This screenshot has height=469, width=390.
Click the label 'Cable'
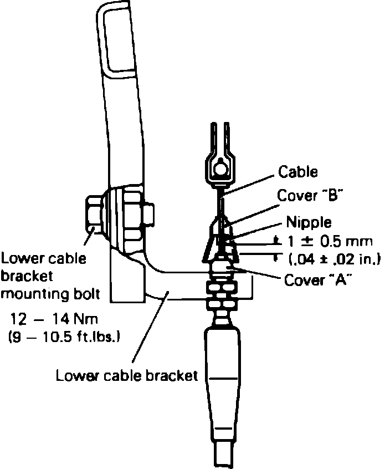pos(298,172)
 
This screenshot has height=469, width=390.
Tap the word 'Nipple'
pos(309,222)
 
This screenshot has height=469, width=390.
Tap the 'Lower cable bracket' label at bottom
pos(126,375)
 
